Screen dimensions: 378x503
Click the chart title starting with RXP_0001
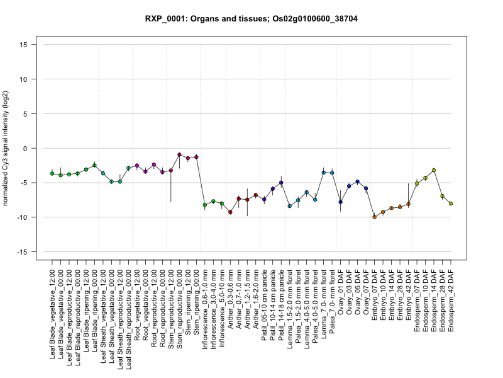(251, 19)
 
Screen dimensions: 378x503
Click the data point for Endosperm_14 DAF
(434, 170)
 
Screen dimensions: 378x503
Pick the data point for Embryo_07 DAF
(374, 217)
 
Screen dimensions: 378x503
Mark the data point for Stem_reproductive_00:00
(179, 154)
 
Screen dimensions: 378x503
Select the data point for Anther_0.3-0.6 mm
(230, 212)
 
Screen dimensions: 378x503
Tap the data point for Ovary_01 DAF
(340, 202)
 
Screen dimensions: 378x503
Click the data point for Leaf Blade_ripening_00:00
(94, 165)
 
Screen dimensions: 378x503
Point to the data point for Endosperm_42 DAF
(451, 203)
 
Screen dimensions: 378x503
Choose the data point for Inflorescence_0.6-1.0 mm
(205, 205)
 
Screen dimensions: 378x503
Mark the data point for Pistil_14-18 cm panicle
(281, 183)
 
